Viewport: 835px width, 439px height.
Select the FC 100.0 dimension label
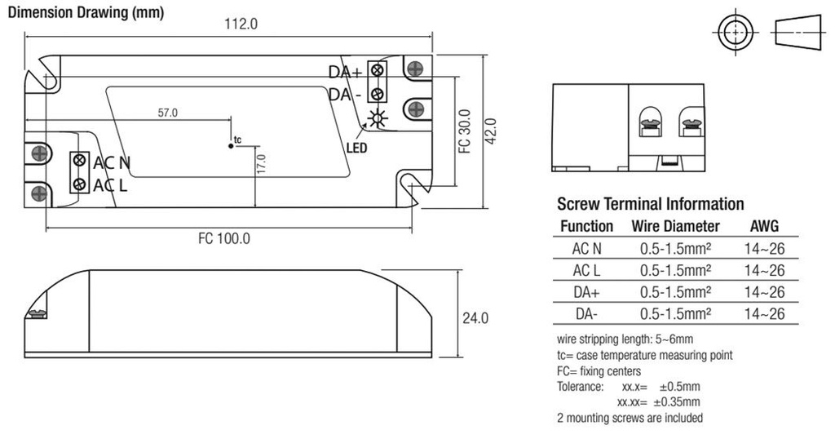[223, 239]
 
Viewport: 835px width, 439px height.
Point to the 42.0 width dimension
[489, 131]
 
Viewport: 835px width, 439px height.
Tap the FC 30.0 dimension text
[464, 131]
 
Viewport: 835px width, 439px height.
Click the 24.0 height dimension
[475, 317]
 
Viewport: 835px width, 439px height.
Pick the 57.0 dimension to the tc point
[167, 113]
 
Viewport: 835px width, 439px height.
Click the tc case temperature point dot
[231, 145]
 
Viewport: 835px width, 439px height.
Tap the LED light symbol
[377, 119]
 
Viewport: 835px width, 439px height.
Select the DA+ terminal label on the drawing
[345, 72]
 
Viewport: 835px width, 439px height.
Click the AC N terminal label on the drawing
[112, 162]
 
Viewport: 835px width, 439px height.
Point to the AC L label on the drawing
[110, 185]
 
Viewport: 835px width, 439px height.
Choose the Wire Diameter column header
[675, 226]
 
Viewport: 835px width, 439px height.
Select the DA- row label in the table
[587, 314]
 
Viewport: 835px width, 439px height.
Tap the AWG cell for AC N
[764, 248]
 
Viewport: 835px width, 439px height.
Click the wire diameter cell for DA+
[675, 292]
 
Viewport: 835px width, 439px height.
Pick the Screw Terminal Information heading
[650, 204]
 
